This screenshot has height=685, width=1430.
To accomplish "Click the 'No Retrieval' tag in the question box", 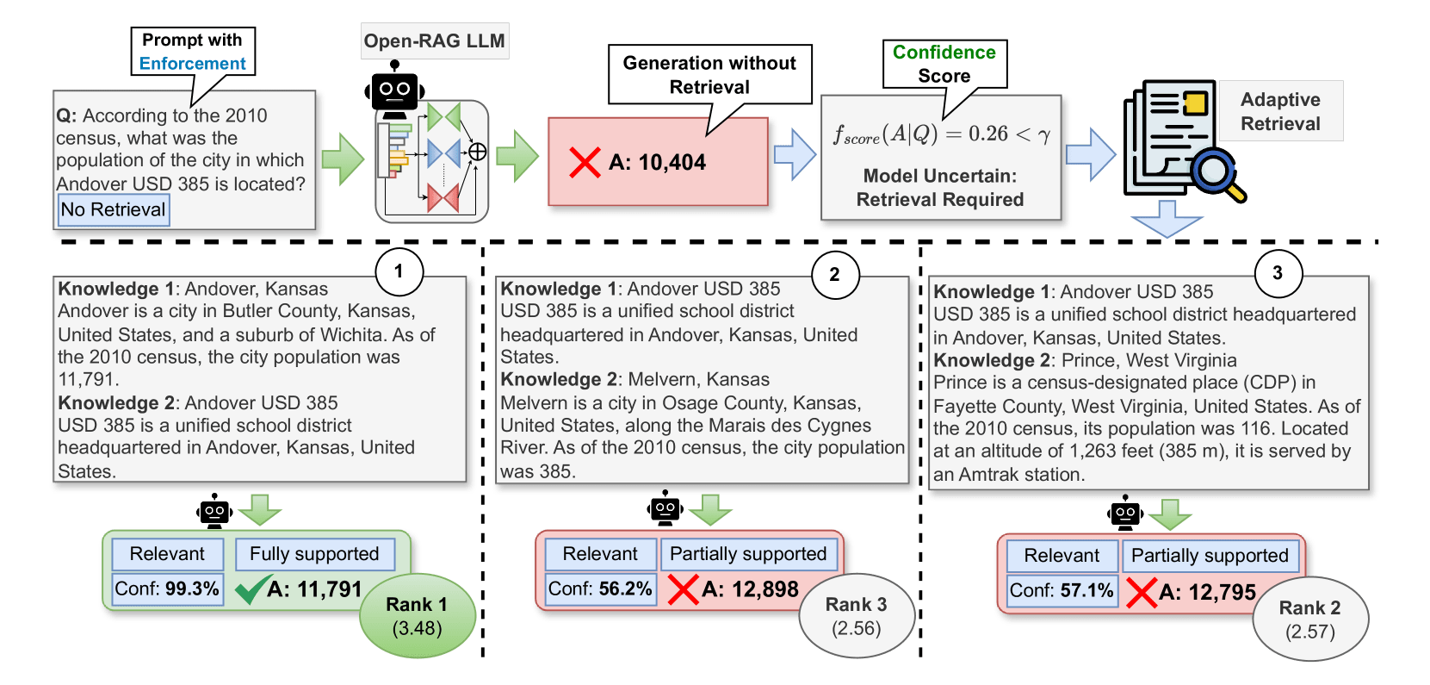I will [113, 209].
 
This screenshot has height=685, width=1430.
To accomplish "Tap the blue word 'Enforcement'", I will [192, 64].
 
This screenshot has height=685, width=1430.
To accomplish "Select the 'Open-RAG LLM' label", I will [434, 41].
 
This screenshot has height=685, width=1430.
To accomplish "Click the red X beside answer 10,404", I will [585, 162].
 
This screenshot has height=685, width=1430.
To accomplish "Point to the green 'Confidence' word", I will [944, 53].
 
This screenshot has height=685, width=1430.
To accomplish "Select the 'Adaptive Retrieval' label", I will [1280, 111].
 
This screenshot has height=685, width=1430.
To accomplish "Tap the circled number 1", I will [398, 271].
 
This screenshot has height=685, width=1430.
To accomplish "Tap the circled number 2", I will [834, 275].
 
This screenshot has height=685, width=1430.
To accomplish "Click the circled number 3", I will [1277, 273].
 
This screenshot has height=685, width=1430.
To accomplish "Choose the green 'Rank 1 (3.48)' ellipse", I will [418, 616].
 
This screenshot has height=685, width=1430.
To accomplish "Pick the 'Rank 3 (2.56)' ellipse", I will [856, 616].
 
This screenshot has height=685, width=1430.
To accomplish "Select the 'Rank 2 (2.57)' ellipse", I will [1309, 620].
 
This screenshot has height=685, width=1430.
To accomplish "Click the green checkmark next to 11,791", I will [251, 589].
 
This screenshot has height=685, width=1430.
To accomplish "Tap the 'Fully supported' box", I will [314, 554].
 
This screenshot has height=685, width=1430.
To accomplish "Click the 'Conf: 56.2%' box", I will [600, 588].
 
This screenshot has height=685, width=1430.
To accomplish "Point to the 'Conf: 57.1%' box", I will [1062, 590].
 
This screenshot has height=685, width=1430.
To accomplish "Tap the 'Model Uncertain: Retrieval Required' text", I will [940, 188].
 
